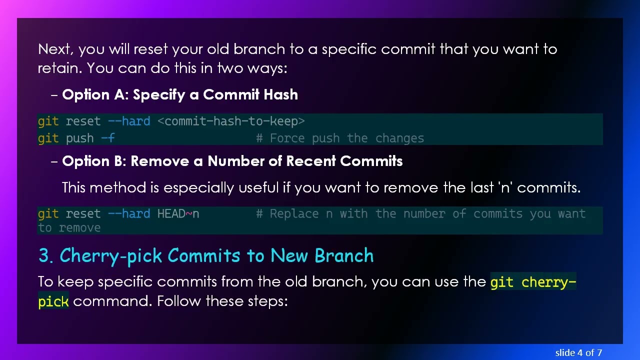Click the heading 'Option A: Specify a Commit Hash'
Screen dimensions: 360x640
[180, 94]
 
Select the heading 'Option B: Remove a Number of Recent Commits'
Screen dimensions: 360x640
[232, 161]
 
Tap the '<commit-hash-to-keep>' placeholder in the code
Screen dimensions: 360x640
[231, 121]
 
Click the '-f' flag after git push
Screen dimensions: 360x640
[108, 138]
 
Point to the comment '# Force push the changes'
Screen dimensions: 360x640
[340, 138]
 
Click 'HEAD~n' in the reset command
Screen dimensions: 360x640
[178, 214]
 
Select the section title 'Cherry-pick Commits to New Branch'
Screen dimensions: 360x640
[216, 255]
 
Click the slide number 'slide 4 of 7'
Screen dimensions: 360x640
[578, 352]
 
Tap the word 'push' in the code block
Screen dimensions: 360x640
[79, 138]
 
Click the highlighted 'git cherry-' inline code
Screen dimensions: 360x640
[533, 282]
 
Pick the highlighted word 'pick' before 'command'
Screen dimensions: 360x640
[53, 301]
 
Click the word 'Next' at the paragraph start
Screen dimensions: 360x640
[54, 49]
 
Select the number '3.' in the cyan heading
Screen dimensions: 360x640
[45, 255]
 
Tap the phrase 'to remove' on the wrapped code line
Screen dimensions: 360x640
[69, 228]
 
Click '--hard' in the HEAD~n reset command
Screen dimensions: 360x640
[129, 214]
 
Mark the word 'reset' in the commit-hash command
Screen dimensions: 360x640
[83, 121]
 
